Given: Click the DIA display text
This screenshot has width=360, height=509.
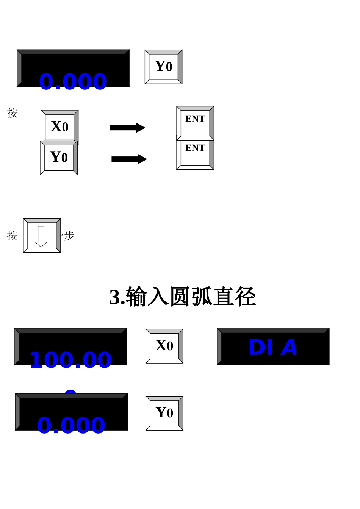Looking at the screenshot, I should tap(273, 347).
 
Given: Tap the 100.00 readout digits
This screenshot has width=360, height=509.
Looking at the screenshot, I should tap(70, 360).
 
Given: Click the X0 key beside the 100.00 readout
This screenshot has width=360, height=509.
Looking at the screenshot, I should tap(164, 346).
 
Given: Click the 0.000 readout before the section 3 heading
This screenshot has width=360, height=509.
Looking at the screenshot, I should tap(73, 81).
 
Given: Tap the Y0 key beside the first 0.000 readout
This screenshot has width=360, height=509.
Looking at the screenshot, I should tap(164, 67).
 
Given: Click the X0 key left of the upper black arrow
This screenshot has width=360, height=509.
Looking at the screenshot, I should tap(59, 126).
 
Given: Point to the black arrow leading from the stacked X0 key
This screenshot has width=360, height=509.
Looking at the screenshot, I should tap(127, 128).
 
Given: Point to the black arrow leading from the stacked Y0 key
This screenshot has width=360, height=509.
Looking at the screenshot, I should tap(129, 159).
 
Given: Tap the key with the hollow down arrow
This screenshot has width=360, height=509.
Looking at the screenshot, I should tap(42, 236).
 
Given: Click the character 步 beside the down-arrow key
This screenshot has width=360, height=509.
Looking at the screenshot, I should tap(69, 236).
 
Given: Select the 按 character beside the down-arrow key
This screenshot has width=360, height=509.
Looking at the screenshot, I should tap(12, 236).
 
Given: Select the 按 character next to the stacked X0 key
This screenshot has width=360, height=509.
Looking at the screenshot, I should tap(12, 113).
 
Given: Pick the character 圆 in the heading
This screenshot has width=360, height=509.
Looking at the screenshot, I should tap(180, 297).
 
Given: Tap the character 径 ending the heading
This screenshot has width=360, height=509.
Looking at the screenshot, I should tap(246, 297).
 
